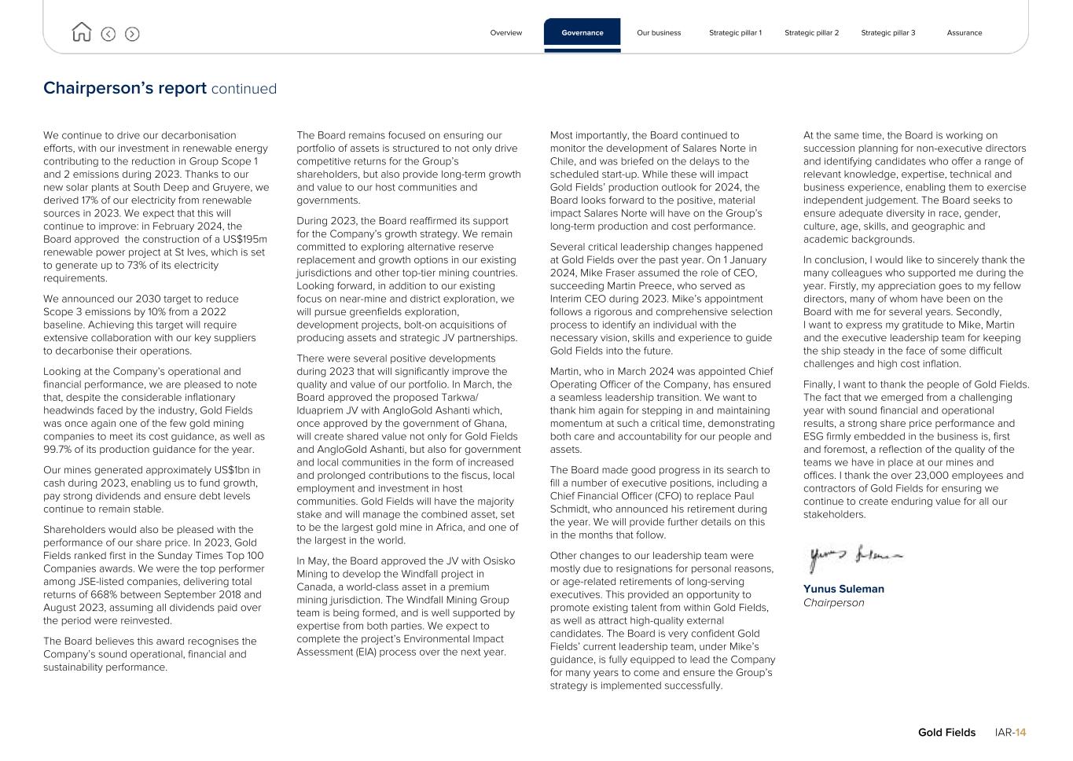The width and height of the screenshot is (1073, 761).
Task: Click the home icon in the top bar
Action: tap(81, 32)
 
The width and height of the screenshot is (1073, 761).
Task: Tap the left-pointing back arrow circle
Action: tap(108, 34)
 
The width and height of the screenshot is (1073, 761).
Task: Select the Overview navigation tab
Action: tap(505, 33)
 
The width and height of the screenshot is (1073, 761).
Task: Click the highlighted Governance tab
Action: tap(582, 33)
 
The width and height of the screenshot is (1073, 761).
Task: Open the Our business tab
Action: tap(659, 33)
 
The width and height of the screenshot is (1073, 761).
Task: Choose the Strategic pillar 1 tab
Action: tap(735, 33)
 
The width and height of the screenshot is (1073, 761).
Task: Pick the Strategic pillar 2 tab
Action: tap(811, 33)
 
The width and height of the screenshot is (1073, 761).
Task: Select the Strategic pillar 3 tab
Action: tap(887, 33)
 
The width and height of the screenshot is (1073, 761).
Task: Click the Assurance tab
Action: tap(964, 33)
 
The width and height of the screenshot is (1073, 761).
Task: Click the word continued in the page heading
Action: tap(244, 89)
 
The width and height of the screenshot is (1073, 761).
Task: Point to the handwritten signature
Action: tap(854, 557)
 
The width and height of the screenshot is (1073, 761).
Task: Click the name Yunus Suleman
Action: tap(843, 589)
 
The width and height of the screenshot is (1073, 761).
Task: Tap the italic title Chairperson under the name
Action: tap(833, 603)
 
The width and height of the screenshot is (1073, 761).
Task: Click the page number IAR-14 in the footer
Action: tap(1010, 733)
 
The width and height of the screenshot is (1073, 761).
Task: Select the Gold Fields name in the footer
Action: tap(946, 733)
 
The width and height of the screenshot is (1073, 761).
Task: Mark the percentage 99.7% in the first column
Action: tap(60, 450)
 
